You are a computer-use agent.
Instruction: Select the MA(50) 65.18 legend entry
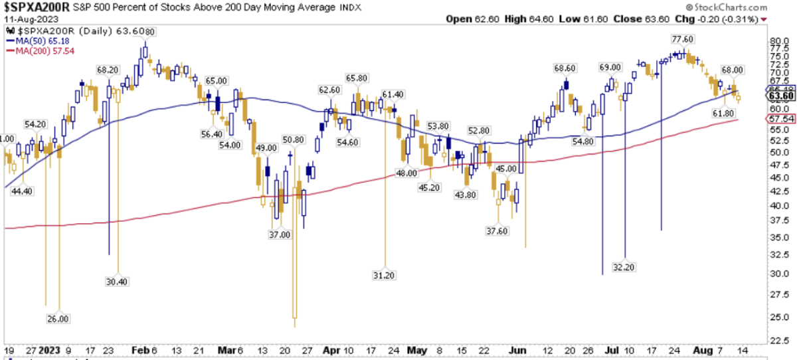[40, 42]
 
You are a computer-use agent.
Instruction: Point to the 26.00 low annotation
[58, 319]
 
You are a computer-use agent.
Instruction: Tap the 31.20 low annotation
[385, 274]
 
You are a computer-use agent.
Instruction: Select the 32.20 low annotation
[625, 266]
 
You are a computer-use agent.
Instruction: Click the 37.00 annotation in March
[279, 234]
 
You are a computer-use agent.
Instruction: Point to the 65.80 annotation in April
[357, 78]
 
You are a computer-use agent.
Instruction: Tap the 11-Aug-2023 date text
[25, 20]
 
